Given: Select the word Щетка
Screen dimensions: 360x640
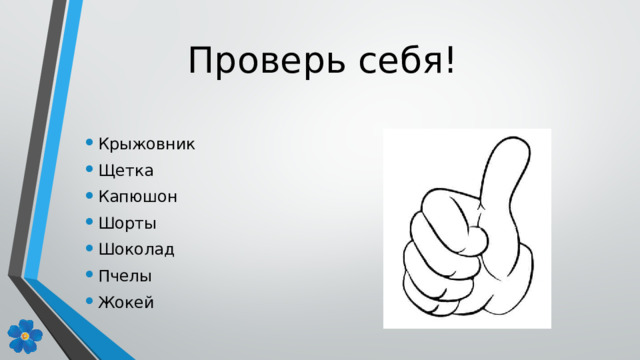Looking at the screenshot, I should point(126,170).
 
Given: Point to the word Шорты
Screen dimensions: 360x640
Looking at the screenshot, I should point(128,222).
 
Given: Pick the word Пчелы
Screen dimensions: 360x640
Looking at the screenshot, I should point(126,275).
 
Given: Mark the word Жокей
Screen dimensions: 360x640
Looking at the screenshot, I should point(127,301).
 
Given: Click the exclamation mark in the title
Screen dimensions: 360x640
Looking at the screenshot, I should point(453,62).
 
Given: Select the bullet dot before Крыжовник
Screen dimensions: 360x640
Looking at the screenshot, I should point(89,144).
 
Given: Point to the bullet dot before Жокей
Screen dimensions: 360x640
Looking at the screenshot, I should point(89,302).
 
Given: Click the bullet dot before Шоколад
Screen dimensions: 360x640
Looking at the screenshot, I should point(89,250).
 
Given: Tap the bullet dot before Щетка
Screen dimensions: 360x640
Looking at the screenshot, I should point(89,171).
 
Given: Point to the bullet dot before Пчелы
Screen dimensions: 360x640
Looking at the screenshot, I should point(89,276).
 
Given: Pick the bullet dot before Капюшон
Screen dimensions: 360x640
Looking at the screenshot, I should point(89,197).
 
